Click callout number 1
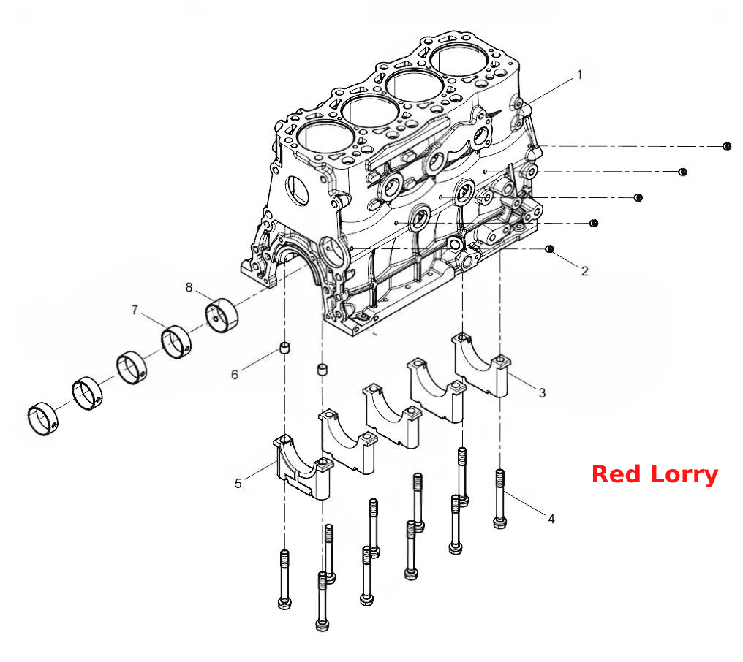[579, 75]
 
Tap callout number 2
[585, 271]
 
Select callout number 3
[542, 392]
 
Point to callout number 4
[551, 519]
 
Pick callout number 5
[238, 484]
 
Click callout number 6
[235, 375]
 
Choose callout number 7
[135, 310]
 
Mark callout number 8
[189, 287]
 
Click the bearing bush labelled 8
[222, 316]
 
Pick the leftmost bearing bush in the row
[43, 419]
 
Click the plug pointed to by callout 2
[550, 249]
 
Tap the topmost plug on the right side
[727, 146]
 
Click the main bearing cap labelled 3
[481, 365]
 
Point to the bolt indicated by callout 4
[500, 498]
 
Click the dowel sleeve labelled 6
[284, 349]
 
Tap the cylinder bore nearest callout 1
[459, 60]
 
